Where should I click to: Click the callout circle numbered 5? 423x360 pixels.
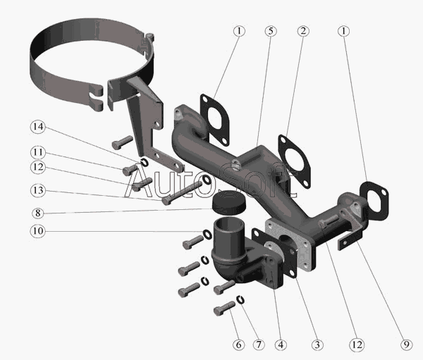[271, 32]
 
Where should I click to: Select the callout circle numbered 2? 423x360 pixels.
[302, 32]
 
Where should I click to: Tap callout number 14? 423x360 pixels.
[37, 128]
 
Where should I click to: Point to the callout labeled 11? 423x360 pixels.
[37, 153]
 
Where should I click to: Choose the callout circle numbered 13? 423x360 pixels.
[37, 191]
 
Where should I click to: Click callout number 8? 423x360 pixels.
[37, 211]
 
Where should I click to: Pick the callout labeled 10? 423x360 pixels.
[37, 230]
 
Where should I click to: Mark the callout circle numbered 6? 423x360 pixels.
[238, 345]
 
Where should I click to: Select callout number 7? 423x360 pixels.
[259, 345]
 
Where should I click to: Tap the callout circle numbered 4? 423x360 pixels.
[281, 345]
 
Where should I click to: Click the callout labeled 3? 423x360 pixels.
[318, 345]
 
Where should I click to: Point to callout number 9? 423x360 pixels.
[405, 345]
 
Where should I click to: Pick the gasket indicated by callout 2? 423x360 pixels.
[296, 159]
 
